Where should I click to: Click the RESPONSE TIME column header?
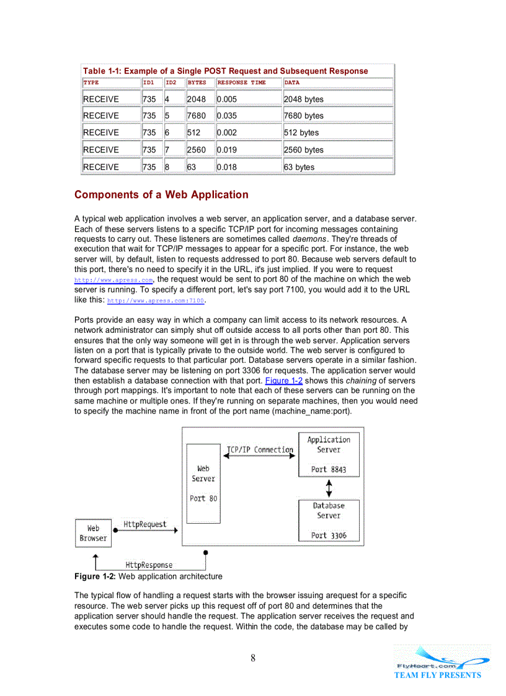click(x=241, y=82)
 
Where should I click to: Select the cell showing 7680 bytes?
click(x=303, y=116)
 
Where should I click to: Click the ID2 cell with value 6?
click(x=167, y=133)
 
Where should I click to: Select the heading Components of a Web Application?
click(x=161, y=195)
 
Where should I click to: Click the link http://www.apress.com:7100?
click(x=156, y=301)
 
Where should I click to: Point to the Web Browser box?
click(x=93, y=533)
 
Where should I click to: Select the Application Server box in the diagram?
click(x=329, y=454)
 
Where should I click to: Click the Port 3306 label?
click(x=329, y=535)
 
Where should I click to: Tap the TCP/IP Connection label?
click(x=260, y=450)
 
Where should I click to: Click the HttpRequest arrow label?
click(x=144, y=524)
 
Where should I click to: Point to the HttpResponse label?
click(x=149, y=565)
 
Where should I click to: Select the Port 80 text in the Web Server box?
click(x=203, y=498)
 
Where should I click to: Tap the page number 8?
click(x=253, y=658)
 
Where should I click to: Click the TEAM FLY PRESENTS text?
click(x=437, y=676)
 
